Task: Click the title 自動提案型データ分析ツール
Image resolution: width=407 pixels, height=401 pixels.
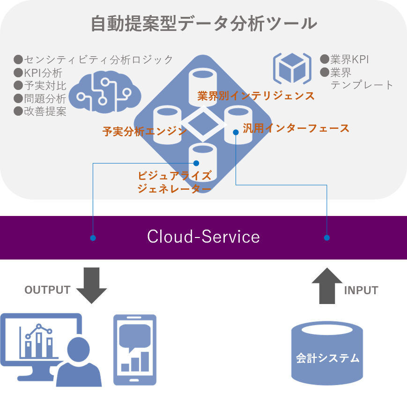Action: pyautogui.click(x=203, y=23)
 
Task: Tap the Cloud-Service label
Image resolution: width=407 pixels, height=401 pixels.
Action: pyautogui.click(x=203, y=237)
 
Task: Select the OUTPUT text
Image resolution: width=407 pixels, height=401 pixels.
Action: pyautogui.click(x=47, y=290)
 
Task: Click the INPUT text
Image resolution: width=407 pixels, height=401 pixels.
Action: pyautogui.click(x=361, y=290)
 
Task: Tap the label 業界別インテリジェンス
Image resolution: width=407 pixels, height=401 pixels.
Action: pyautogui.click(x=256, y=96)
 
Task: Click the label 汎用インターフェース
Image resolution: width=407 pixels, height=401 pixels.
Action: pyautogui.click(x=296, y=128)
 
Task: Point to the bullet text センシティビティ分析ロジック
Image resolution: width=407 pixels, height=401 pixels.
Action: pyautogui.click(x=98, y=59)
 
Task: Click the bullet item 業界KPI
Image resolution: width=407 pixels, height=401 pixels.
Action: pyautogui.click(x=349, y=59)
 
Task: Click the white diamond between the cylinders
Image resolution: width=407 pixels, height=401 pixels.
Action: pyautogui.click(x=203, y=125)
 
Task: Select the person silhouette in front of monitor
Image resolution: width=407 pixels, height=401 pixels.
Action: pyautogui.click(x=79, y=365)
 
